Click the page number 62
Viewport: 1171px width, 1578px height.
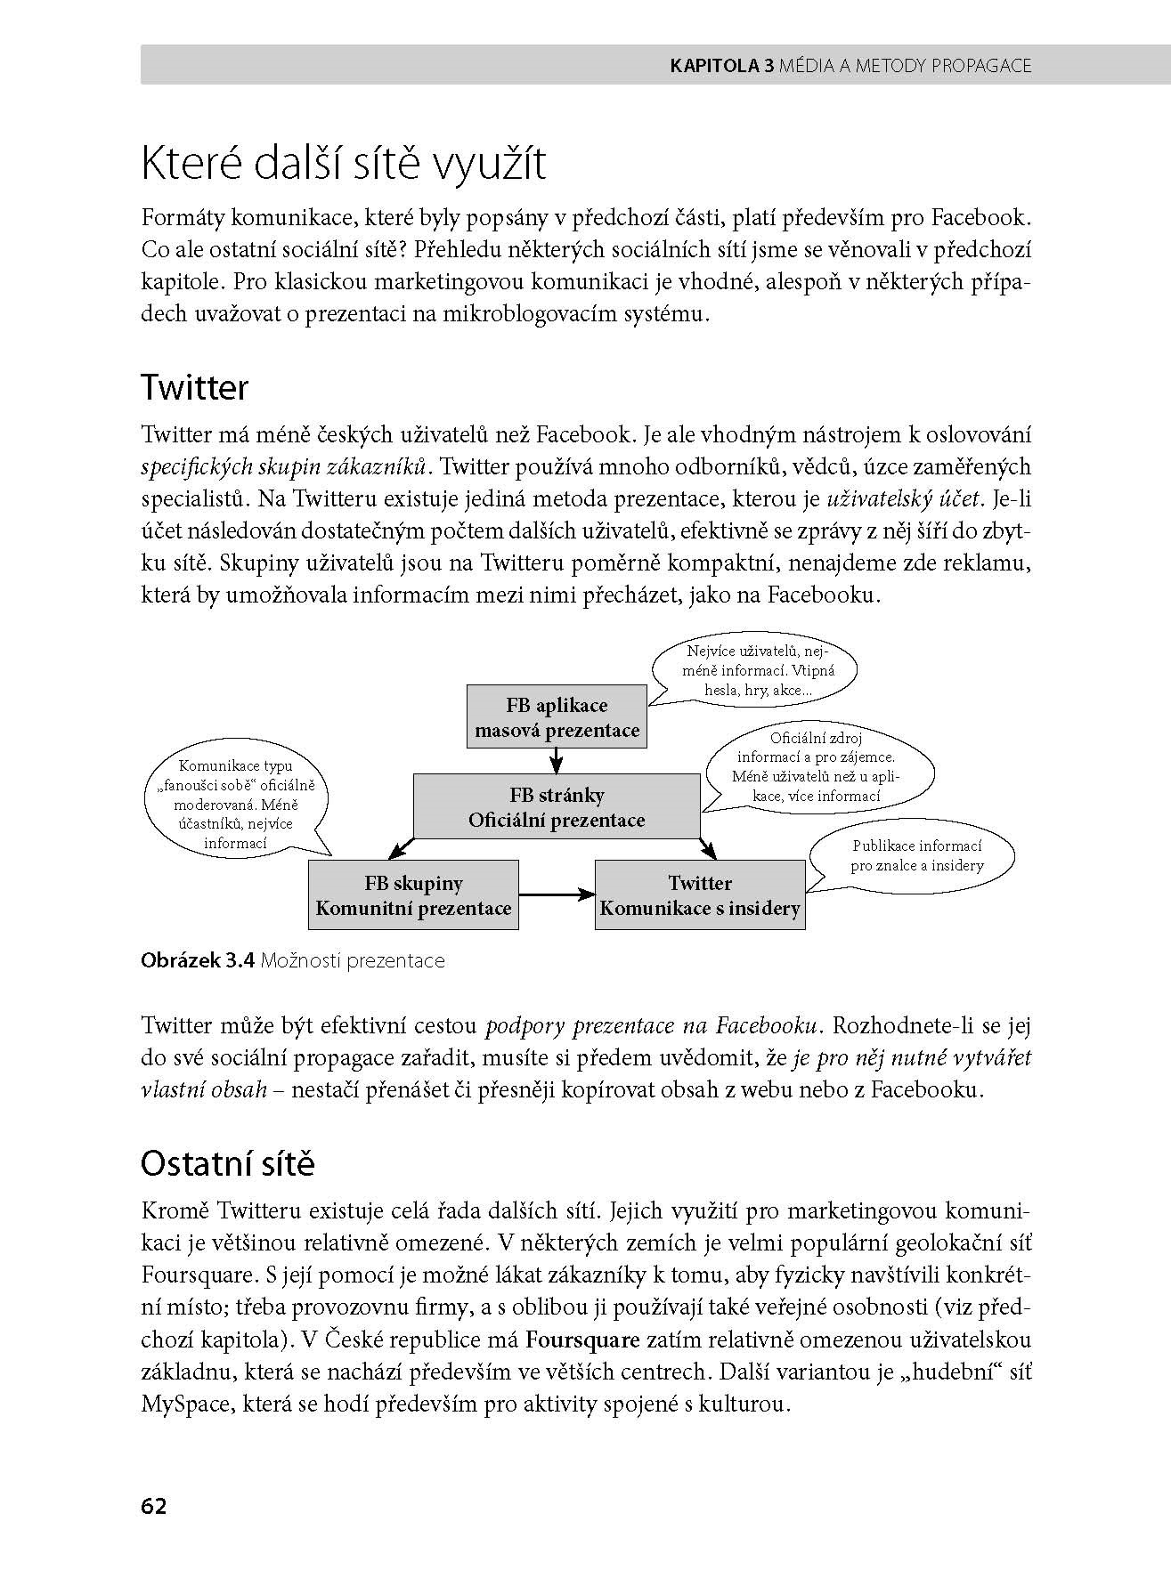(153, 1506)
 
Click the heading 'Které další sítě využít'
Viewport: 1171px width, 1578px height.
(343, 165)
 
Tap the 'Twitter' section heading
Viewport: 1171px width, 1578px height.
(194, 388)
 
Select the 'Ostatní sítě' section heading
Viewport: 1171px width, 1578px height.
(228, 1164)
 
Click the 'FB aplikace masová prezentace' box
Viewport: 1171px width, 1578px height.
(557, 717)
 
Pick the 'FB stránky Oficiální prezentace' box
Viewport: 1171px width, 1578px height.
(557, 807)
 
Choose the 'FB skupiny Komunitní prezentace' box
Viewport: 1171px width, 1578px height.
(413, 895)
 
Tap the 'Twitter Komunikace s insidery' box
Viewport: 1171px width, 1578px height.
(700, 895)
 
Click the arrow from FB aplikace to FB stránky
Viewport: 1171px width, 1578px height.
(557, 761)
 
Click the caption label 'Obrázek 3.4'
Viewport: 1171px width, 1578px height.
(199, 961)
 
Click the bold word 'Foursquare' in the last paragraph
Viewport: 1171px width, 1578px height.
(583, 1340)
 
